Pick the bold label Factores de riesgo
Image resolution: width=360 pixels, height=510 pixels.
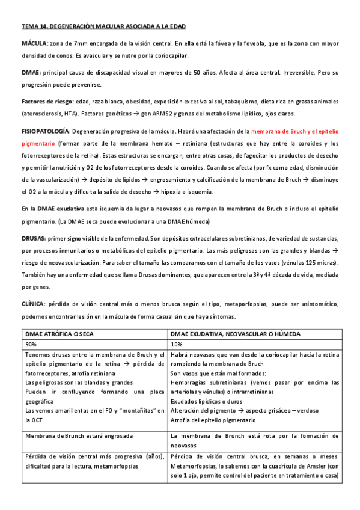[x=47, y=100]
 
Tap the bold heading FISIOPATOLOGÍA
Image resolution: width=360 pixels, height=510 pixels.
[x=46, y=130]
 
